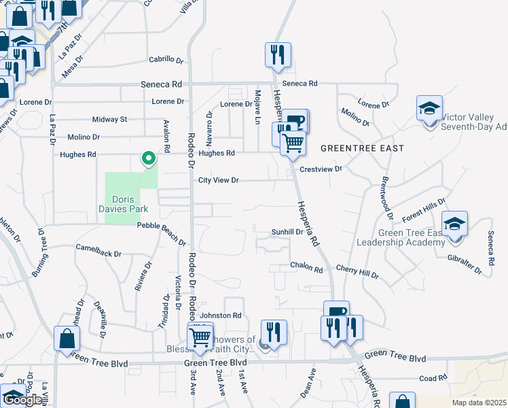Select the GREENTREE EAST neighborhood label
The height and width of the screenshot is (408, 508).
pyautogui.click(x=362, y=148)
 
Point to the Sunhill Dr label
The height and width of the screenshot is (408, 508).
pyautogui.click(x=287, y=232)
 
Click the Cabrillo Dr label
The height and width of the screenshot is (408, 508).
pyautogui.click(x=166, y=60)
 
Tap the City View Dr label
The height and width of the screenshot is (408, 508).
pyautogui.click(x=219, y=180)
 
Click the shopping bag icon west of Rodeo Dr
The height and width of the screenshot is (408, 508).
pyautogui.click(x=67, y=338)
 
